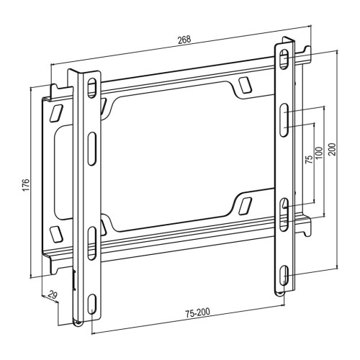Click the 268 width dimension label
pyautogui.click(x=184, y=40)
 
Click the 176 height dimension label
pyautogui.click(x=26, y=185)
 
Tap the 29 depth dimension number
pyautogui.click(x=53, y=295)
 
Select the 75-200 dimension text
pyautogui.click(x=197, y=312)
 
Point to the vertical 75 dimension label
pyautogui.click(x=309, y=159)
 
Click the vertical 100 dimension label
pyautogui.click(x=319, y=153)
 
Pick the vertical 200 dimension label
pyautogui.click(x=333, y=149)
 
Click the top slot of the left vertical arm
pyautogui.click(x=91, y=88)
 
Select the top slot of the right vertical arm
pyautogui.click(x=284, y=59)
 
